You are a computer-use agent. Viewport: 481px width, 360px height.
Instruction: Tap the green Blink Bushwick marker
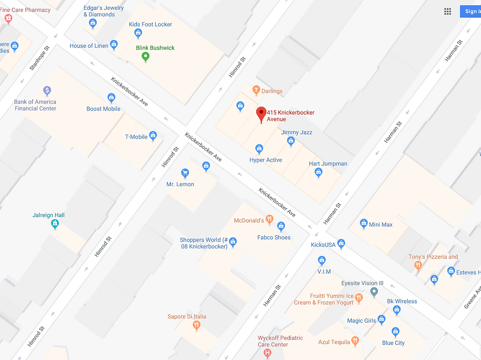point(145,57)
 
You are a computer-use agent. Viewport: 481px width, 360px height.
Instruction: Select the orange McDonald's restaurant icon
point(269,220)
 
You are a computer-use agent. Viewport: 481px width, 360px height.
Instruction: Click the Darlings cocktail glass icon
point(256,90)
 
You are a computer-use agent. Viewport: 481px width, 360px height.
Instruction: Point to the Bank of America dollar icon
point(47,90)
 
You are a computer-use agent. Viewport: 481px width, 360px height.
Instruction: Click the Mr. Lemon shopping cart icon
point(185,173)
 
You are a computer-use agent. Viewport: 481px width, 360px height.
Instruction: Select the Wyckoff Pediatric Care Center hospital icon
point(267,353)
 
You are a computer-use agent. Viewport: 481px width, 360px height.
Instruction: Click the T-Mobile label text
point(136,137)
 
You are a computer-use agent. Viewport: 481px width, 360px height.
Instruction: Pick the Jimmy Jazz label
point(296,133)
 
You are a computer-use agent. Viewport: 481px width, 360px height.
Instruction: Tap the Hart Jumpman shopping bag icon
point(319,172)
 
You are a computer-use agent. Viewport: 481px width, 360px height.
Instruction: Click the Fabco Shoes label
point(274,238)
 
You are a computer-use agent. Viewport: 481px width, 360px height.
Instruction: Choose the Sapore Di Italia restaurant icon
point(196,325)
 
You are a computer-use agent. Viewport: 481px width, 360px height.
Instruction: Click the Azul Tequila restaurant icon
point(355,341)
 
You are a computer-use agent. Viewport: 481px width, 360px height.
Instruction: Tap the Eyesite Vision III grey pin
point(374,292)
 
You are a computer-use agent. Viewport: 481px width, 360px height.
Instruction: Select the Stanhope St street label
point(40,58)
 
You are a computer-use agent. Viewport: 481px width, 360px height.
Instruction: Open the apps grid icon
point(448,11)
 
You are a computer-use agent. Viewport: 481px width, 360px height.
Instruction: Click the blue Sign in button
point(471,11)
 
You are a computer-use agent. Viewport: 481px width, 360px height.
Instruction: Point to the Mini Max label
point(380,225)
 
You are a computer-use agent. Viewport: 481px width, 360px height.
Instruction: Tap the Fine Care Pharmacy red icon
point(8,19)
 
